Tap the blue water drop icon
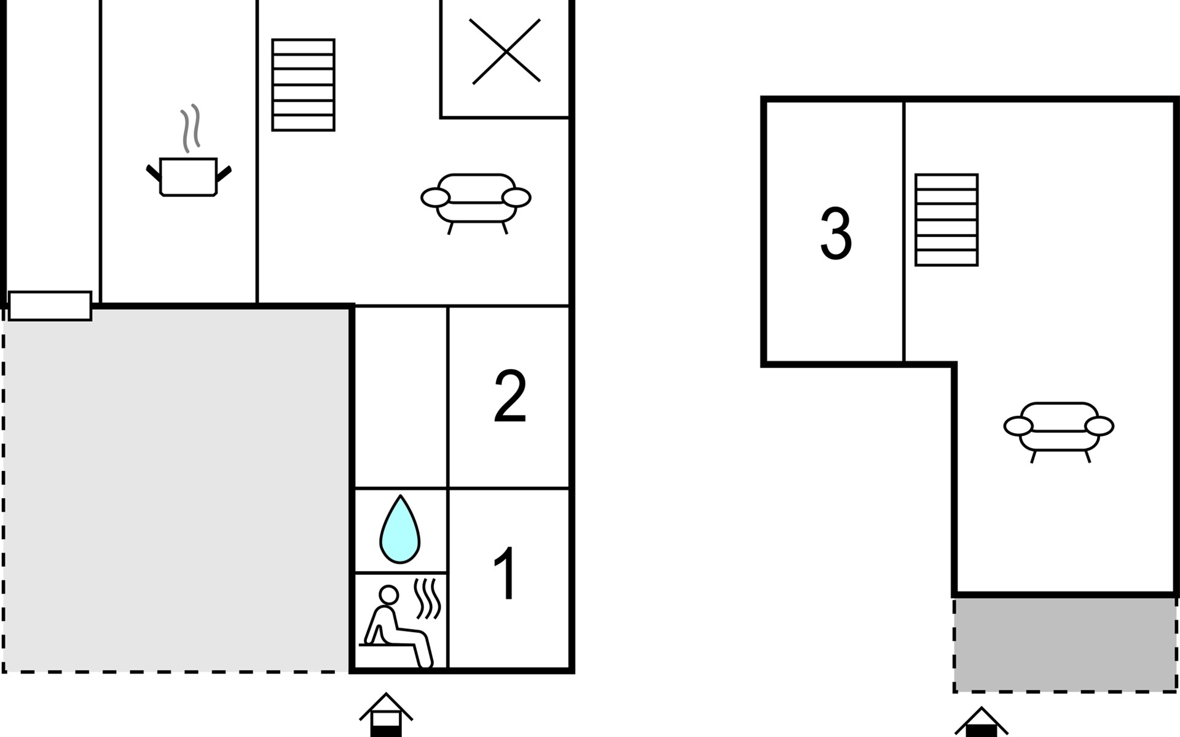[400, 529]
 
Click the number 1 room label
[506, 574]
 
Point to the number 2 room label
[510, 396]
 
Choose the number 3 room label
[836, 233]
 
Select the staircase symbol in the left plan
[304, 85]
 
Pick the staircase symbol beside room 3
[946, 220]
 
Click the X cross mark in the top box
[505, 52]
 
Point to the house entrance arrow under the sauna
[386, 715]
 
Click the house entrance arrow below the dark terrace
[981, 722]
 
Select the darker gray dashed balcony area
[1066, 644]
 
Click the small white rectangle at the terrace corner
[50, 306]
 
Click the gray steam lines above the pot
[191, 128]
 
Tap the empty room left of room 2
[401, 397]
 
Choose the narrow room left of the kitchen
[53, 145]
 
